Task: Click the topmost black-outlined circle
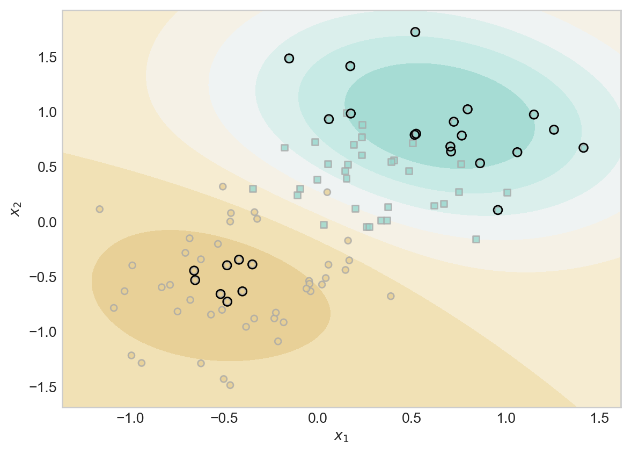click(x=415, y=32)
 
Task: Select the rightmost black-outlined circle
click(x=583, y=148)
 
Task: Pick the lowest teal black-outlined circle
click(x=498, y=210)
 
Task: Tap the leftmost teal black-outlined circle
click(x=289, y=59)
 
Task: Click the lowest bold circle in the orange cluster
click(x=228, y=301)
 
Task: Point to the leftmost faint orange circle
click(x=99, y=209)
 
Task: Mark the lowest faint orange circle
click(x=230, y=385)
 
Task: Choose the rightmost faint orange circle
click(x=391, y=296)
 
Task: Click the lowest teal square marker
click(x=476, y=239)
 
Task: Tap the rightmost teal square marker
click(x=507, y=192)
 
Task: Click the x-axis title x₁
click(x=341, y=436)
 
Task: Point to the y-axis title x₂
click(x=16, y=209)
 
